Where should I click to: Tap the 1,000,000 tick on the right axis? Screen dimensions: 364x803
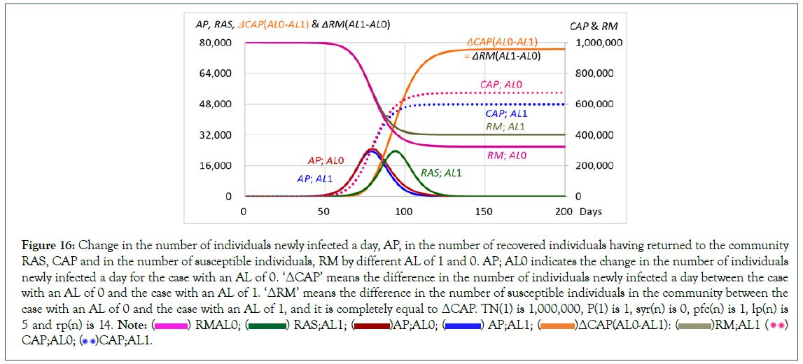599,43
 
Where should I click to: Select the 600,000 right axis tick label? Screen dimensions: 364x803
594,104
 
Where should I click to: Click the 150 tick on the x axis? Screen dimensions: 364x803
484,211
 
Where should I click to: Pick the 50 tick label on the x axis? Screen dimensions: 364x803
323,211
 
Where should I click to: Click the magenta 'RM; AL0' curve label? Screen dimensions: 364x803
506,155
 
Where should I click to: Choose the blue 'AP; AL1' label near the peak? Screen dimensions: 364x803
314,178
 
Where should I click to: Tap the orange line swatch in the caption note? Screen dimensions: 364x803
556,325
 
